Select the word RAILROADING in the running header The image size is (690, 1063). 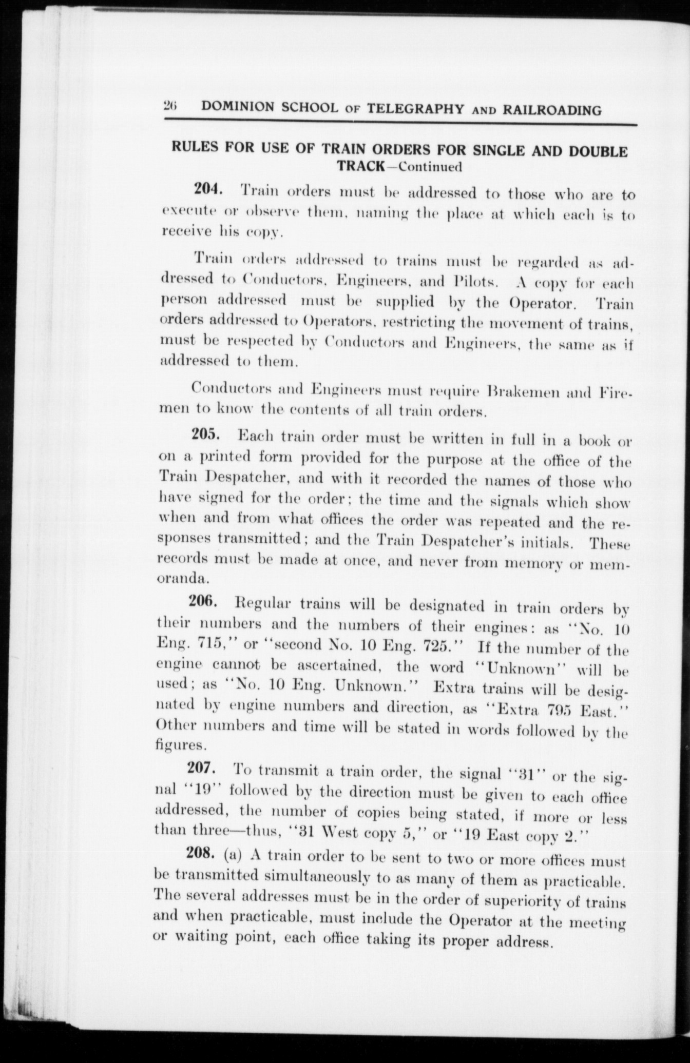553,110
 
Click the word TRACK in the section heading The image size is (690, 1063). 361,166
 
